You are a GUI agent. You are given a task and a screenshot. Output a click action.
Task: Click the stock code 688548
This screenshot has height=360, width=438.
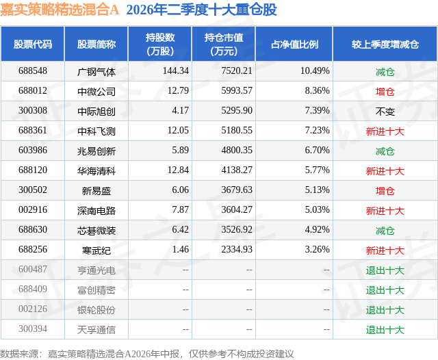click(33, 71)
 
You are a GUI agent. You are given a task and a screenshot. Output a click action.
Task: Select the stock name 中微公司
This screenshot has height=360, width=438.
click(96, 91)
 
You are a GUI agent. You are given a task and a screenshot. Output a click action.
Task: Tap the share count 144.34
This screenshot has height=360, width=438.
click(176, 71)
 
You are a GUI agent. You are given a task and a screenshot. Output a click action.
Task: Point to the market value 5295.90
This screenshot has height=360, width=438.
click(237, 111)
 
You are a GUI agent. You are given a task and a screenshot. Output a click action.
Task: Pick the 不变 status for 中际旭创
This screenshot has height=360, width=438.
click(385, 112)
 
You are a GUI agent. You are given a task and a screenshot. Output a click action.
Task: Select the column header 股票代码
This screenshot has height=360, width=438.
click(33, 44)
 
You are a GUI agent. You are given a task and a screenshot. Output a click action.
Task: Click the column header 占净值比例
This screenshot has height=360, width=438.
click(294, 44)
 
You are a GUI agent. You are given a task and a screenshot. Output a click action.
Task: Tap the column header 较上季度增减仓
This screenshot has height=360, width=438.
click(385, 44)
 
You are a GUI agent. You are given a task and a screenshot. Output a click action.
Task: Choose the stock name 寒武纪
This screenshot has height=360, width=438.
click(96, 250)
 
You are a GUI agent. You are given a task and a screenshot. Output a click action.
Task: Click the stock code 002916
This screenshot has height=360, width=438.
click(33, 209)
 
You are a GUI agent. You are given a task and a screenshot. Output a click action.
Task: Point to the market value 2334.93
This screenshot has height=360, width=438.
click(237, 249)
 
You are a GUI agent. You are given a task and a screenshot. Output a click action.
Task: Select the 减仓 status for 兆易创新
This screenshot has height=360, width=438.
click(385, 151)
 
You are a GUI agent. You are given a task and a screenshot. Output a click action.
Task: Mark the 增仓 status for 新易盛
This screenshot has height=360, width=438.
click(385, 191)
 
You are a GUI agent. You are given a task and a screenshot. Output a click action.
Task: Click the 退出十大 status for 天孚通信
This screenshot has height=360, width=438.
click(385, 330)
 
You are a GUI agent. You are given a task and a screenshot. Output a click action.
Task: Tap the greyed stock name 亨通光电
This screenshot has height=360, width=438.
click(96, 270)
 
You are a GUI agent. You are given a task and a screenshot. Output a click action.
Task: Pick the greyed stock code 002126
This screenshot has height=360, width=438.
click(33, 309)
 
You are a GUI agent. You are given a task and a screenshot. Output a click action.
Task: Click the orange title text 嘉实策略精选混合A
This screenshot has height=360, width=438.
click(60, 10)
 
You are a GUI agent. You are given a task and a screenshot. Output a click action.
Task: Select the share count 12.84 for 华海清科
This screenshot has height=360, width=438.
click(178, 170)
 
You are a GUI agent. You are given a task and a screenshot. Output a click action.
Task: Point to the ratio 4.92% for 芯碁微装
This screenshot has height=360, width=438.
click(317, 229)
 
